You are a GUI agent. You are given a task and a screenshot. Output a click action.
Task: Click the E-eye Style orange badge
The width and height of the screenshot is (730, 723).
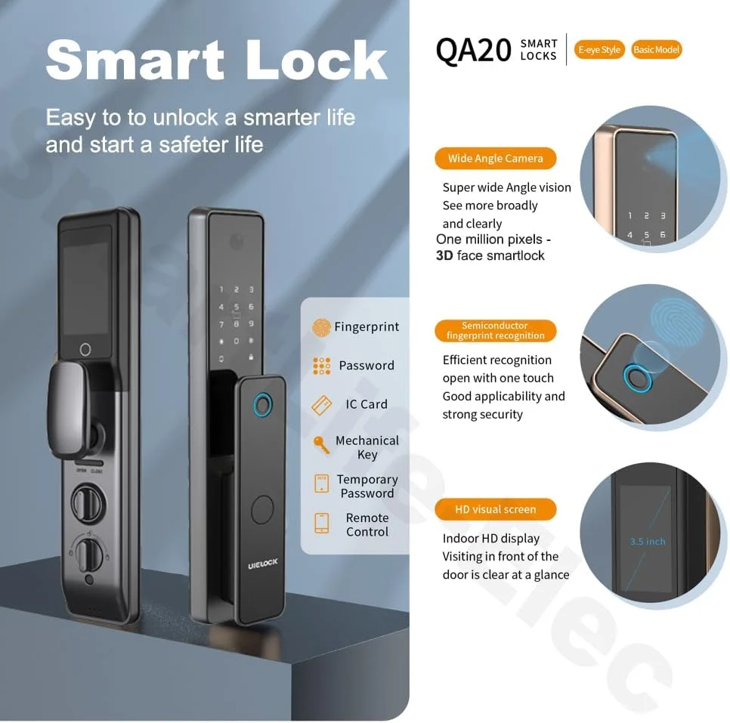599,50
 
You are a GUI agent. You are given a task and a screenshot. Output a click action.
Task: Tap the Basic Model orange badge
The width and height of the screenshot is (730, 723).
657,50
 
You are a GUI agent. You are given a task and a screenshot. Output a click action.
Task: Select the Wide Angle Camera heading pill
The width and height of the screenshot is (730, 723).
496,159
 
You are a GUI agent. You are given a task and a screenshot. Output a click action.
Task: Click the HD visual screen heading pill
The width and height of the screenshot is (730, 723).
496,509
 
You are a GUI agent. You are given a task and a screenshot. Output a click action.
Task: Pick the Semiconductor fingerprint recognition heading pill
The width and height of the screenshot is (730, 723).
496,331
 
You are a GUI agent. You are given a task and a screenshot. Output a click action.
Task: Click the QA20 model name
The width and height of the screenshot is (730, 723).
474,51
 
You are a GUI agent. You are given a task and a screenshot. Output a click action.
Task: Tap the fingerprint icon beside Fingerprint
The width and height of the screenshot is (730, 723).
321,327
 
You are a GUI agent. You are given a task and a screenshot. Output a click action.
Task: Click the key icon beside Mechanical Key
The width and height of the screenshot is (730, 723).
320,445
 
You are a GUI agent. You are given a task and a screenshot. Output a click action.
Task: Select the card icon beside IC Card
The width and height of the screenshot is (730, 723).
322,405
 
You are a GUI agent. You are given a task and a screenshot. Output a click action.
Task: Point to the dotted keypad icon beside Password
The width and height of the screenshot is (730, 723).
322,366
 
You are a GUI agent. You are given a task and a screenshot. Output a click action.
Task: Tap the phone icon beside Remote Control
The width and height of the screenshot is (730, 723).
322,524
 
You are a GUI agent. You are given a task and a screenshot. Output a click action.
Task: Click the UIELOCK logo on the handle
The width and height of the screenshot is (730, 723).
262,564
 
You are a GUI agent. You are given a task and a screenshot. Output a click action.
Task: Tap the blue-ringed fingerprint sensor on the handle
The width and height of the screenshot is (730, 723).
263,405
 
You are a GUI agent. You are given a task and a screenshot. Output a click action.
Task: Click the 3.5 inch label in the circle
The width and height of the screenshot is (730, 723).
648,542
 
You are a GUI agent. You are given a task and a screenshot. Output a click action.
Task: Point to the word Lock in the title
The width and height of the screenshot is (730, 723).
317,60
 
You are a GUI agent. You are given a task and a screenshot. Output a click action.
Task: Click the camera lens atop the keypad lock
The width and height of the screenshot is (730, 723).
237,242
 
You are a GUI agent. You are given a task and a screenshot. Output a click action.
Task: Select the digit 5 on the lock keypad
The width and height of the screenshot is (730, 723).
237,307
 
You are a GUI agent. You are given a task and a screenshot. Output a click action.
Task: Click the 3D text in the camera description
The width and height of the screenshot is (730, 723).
444,255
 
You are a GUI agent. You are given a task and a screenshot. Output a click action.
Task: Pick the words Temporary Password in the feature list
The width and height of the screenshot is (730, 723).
367,486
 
